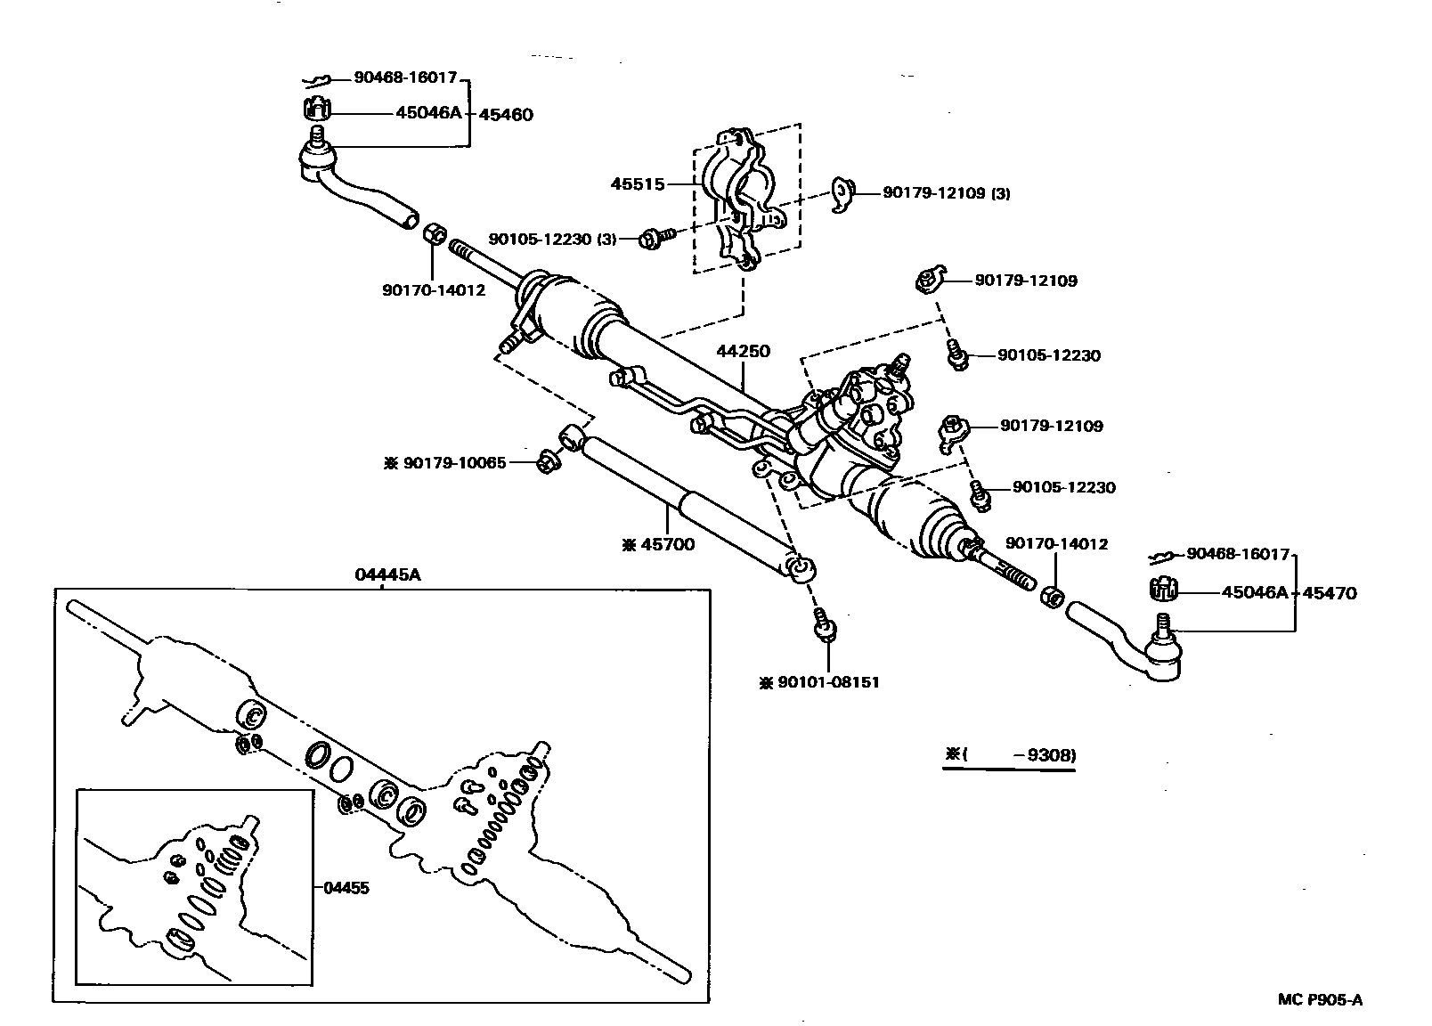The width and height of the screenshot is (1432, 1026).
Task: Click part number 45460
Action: [x=506, y=114]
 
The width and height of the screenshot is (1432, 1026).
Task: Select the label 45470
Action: [x=1330, y=592]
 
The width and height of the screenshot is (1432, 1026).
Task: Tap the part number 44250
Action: [x=743, y=352]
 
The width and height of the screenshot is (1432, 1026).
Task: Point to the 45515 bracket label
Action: [x=638, y=184]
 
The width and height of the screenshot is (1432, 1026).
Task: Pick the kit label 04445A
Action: [x=387, y=574]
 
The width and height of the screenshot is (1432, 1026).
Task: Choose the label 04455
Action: [x=346, y=887]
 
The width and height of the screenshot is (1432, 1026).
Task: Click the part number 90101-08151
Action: [x=819, y=682]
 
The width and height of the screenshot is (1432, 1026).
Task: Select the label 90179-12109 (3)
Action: [x=946, y=192]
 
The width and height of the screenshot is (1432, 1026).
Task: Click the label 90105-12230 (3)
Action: [x=552, y=239]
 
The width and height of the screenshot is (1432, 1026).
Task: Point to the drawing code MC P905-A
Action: [x=1321, y=999]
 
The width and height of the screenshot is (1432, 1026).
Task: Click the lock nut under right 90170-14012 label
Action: [x=1051, y=595]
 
